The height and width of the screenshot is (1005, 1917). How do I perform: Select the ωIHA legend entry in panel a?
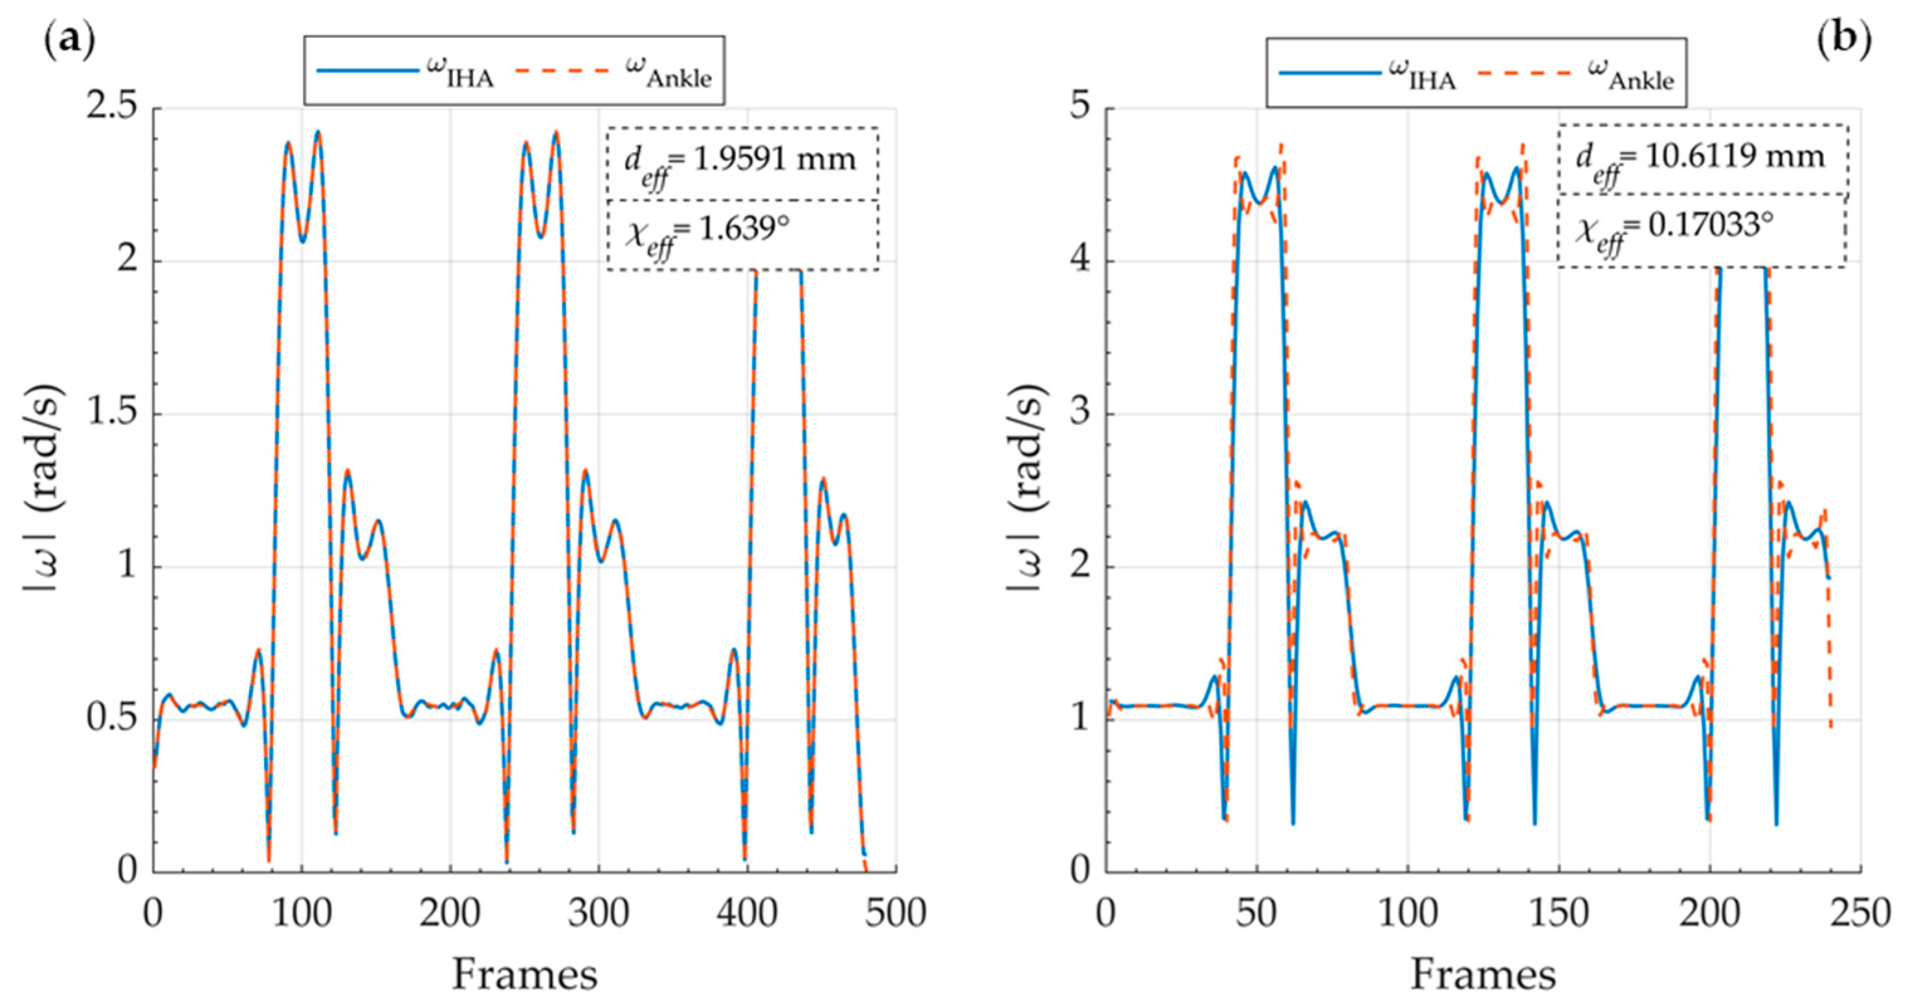[x=406, y=72]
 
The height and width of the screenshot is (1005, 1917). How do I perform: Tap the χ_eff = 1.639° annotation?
[x=707, y=233]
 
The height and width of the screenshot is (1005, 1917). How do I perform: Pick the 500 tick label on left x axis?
[x=895, y=913]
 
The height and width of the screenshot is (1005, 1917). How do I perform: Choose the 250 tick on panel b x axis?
[x=1860, y=913]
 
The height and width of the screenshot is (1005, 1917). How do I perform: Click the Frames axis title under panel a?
[x=524, y=974]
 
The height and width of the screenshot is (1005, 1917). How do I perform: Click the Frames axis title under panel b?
[x=1483, y=974]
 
